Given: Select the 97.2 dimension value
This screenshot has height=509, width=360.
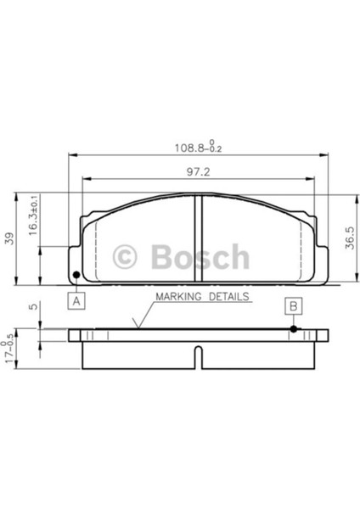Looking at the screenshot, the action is coord(198,172).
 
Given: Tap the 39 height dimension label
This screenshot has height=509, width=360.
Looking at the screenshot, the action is coord(10,238).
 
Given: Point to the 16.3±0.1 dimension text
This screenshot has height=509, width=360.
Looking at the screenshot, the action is coord(34,215).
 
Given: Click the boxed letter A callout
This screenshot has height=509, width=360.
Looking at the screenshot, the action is coord(76,301).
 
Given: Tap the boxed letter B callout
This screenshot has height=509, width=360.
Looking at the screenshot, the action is coord(294,305).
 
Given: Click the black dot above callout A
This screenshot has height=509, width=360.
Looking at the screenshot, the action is coord(76,275).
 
